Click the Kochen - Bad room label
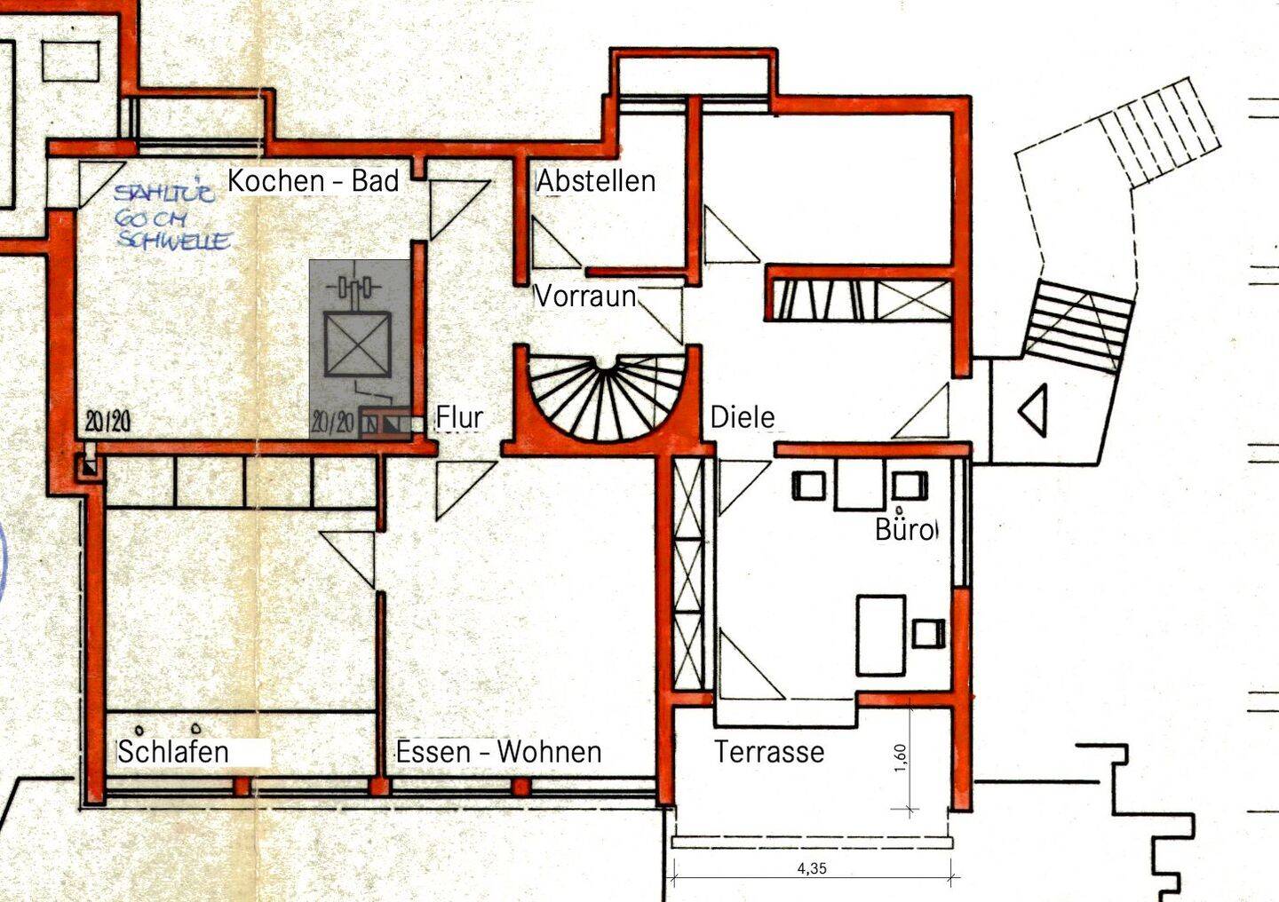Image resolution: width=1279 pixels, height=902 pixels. click(313, 181)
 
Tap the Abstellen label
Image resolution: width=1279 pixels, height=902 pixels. click(596, 181)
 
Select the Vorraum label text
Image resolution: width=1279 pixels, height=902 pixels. click(584, 296)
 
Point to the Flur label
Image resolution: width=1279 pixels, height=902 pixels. click(459, 417)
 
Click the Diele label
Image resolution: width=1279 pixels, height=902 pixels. click(743, 416)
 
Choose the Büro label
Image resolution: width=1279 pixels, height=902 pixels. click(904, 529)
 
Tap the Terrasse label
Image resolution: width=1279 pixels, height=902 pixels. click(769, 752)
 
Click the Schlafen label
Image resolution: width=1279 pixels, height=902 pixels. click(173, 752)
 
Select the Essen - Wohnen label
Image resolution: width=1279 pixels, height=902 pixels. click(498, 752)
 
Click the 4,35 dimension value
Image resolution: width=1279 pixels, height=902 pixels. click(812, 868)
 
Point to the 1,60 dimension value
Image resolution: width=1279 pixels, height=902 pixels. click(901, 758)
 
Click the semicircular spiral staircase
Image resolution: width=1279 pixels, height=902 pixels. click(604, 395)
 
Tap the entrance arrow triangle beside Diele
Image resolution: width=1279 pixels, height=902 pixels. click(1033, 409)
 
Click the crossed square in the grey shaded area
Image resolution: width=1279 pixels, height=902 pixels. click(356, 344)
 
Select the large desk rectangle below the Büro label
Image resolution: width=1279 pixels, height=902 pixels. click(880, 636)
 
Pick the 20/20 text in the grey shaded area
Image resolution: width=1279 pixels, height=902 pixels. click(332, 423)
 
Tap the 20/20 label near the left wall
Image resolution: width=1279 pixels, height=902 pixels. click(107, 422)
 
